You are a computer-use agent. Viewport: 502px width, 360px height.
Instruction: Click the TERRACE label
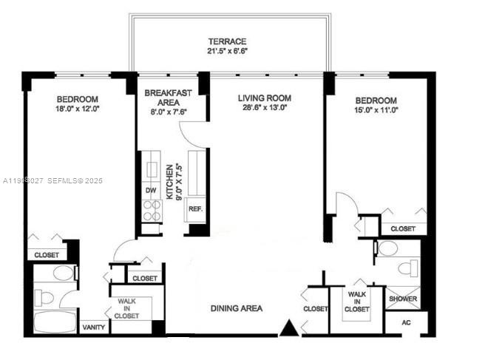226,41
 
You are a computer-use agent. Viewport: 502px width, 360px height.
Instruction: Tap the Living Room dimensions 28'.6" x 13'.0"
264,107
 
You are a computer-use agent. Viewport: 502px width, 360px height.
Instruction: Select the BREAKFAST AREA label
159,98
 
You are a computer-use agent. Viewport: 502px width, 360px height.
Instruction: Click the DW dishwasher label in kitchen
151,191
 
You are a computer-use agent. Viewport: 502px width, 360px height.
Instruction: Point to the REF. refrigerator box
195,209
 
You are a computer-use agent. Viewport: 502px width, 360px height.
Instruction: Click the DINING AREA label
236,308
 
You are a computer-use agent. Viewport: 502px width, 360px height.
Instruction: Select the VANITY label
93,327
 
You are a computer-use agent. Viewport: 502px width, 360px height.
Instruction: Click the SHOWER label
404,299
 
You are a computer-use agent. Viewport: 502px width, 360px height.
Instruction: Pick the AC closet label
406,323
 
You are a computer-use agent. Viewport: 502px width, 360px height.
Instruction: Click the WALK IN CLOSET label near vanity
126,308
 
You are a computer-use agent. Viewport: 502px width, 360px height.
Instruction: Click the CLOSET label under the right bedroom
403,229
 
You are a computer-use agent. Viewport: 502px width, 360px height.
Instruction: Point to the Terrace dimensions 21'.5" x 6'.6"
226,52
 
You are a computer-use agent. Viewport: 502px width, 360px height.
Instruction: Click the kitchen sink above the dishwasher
152,169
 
